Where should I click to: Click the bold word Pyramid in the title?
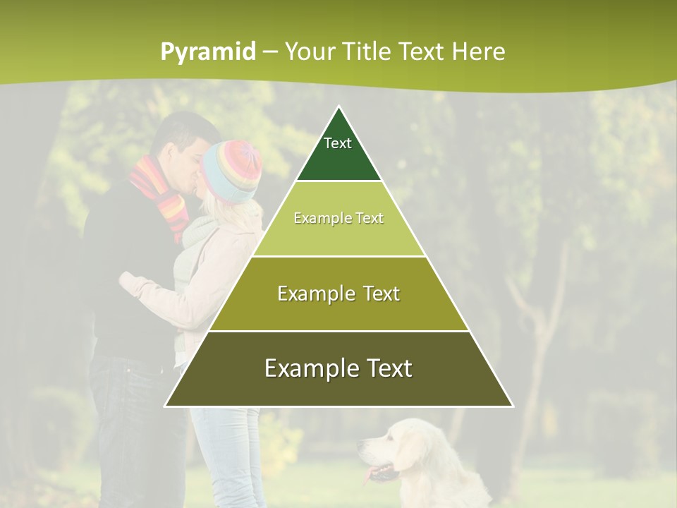pyautogui.click(x=208, y=52)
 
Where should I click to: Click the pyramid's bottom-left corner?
pyautogui.click(x=166, y=406)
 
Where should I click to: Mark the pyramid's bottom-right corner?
pyautogui.click(x=512, y=406)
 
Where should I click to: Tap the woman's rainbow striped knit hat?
pyautogui.click(x=233, y=169)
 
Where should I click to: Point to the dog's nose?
pyautogui.click(x=362, y=444)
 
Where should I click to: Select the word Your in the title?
pyautogui.click(x=308, y=52)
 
